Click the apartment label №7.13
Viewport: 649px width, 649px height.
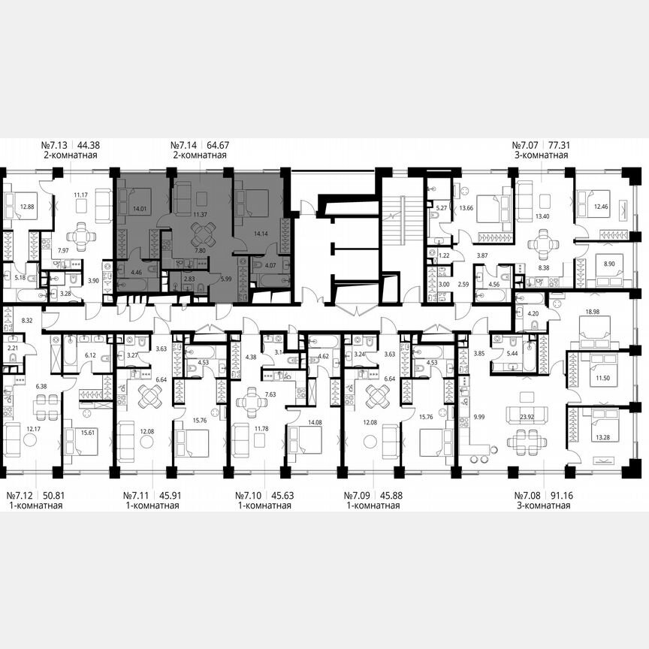point(54,145)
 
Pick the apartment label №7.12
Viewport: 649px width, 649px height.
point(22,496)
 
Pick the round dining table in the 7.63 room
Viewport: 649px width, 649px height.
point(252,402)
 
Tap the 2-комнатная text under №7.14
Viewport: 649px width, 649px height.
point(199,155)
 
